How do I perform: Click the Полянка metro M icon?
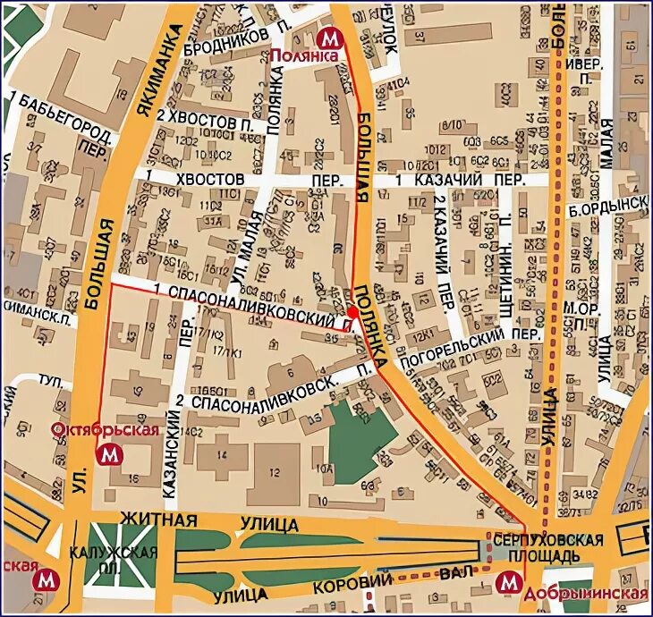click(330, 38)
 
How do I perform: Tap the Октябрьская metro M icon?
click(111, 454)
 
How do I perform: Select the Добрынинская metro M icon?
click(508, 583)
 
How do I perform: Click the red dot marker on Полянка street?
click(353, 312)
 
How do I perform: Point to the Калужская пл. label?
click(123, 560)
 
